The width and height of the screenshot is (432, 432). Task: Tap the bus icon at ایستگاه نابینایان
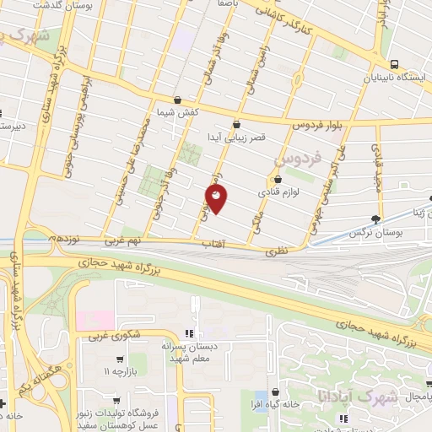click(394, 64)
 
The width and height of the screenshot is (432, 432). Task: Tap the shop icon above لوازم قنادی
click(278, 179)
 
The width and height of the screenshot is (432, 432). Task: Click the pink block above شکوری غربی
click(94, 321)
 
